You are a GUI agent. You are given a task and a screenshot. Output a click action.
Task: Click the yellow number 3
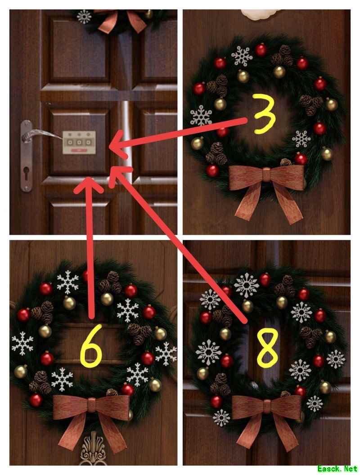point(264,114)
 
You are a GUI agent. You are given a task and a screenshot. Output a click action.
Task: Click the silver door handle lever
point(42,134)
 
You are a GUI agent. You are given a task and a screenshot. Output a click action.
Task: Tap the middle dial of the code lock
point(79,142)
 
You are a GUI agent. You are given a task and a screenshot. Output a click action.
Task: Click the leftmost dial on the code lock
point(70,142)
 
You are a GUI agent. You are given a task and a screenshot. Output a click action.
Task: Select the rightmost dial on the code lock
point(88,142)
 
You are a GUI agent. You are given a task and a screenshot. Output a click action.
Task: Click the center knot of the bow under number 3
point(266,175)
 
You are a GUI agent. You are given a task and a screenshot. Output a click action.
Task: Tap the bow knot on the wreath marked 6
point(91,405)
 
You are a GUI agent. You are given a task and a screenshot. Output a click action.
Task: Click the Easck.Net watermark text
point(337,468)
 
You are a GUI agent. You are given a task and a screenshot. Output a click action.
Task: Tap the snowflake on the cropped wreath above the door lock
point(84,17)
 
